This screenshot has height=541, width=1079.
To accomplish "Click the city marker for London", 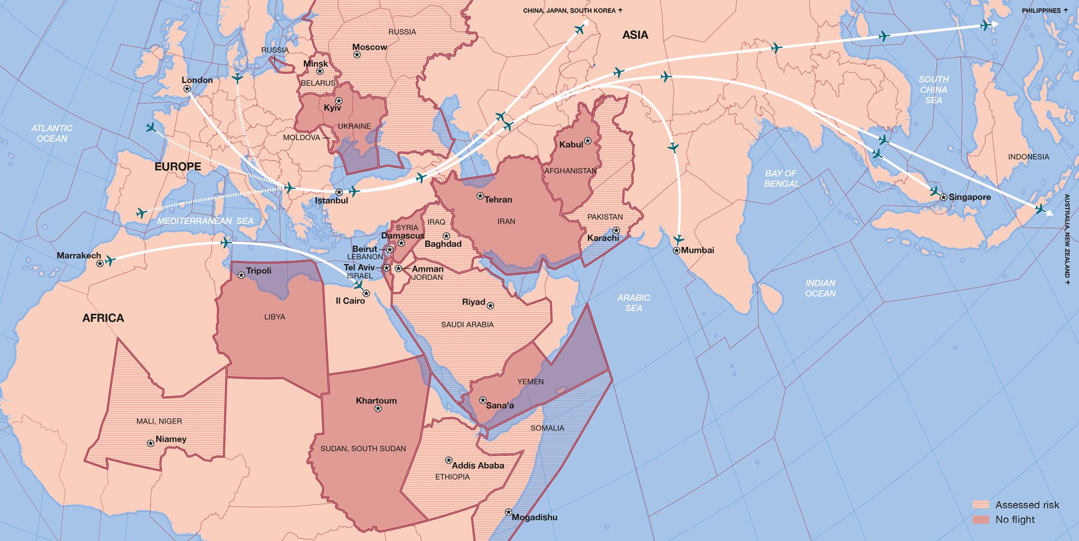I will (x=187, y=89).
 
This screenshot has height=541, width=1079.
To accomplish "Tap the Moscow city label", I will (x=369, y=47).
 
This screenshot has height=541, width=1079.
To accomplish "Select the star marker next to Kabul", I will (x=588, y=141).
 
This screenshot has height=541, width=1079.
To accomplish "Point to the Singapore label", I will (x=969, y=197).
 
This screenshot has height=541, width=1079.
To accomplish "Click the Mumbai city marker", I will (x=677, y=250).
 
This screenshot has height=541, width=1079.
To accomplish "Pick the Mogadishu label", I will (x=534, y=517).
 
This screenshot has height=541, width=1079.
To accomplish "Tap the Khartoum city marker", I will (x=378, y=408).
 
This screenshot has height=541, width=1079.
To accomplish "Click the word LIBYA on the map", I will (x=274, y=317).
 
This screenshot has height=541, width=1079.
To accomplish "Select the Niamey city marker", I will (x=151, y=443).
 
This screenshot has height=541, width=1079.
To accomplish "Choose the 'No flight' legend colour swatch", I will (x=981, y=519).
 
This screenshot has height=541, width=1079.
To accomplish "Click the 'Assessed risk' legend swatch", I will (x=981, y=505).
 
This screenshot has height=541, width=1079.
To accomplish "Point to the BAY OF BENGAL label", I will (x=781, y=178).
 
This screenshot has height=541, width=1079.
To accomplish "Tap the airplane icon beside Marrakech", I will (x=110, y=261).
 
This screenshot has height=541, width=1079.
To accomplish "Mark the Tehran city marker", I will (x=480, y=196).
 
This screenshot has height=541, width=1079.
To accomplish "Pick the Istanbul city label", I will (x=331, y=200).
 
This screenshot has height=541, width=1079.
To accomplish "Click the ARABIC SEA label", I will (x=634, y=302).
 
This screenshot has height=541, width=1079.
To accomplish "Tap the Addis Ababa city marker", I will (x=448, y=460).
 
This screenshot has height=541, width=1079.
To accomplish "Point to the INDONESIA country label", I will (x=1028, y=157).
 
